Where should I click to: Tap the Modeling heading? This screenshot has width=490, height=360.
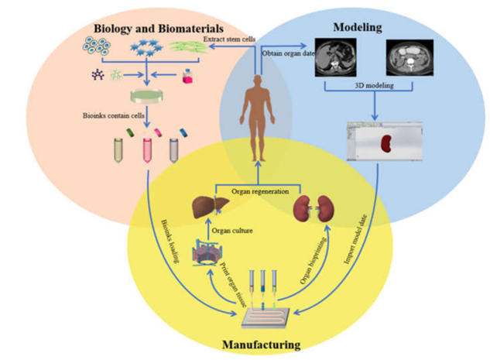tap(357, 29)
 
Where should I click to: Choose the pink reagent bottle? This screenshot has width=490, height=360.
tap(186, 76)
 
